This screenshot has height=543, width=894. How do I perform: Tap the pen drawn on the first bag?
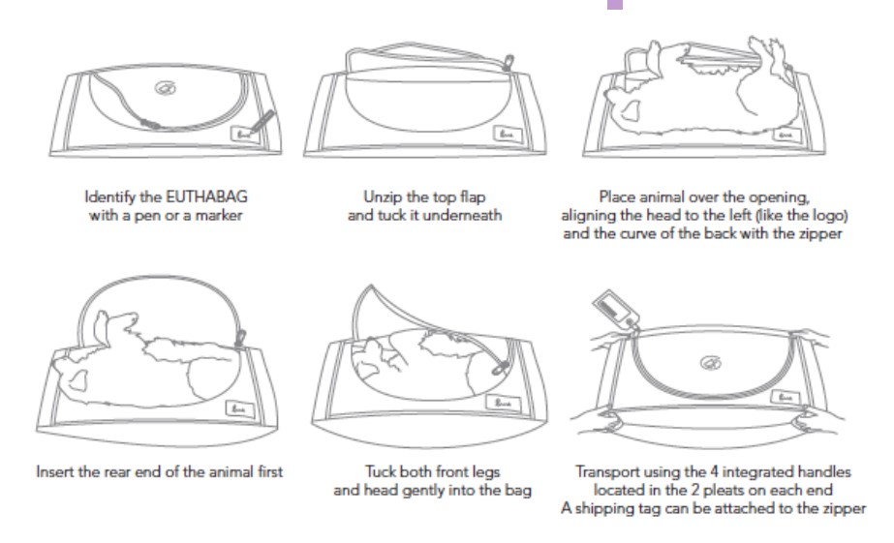261,121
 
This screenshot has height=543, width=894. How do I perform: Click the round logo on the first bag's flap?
166,88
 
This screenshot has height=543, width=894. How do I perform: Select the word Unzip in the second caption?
383,197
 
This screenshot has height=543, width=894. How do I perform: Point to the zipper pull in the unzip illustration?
508,62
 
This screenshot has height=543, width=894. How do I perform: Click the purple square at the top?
615,5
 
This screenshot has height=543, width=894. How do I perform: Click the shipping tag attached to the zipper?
616,309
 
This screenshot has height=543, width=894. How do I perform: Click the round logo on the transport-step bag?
710,362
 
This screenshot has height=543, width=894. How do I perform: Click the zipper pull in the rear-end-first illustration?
240,338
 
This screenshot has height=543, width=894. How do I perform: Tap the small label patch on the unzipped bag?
507,135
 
